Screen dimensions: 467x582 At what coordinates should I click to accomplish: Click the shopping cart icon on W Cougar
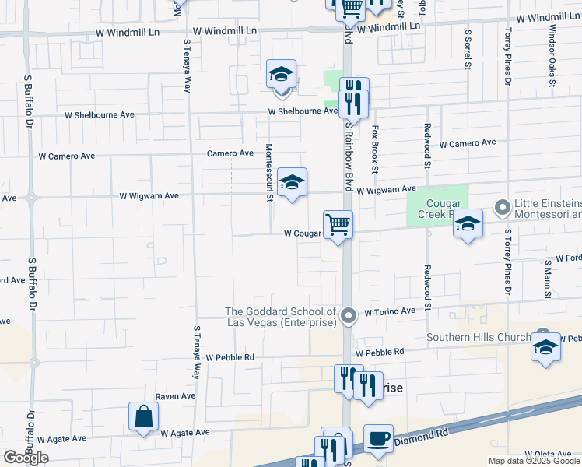click(338, 225)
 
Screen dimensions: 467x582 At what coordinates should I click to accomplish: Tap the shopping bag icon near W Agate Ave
click(144, 416)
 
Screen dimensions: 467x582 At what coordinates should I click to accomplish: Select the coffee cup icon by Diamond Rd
click(378, 438)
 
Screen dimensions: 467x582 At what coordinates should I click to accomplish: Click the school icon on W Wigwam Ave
click(292, 182)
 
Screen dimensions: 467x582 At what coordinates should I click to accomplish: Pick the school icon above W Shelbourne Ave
click(281, 74)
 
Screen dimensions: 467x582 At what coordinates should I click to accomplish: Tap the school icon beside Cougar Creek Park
click(468, 223)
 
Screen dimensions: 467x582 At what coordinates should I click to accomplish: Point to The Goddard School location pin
click(349, 315)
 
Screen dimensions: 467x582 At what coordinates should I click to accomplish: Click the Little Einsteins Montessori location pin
click(502, 208)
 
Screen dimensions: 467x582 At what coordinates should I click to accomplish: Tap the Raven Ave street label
click(175, 396)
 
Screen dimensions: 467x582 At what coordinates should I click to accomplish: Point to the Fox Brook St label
click(374, 149)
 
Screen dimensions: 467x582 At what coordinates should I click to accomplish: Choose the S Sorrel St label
click(468, 48)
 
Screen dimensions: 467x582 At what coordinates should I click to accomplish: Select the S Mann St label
click(548, 279)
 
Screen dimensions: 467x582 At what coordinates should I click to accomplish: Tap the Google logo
click(26, 457)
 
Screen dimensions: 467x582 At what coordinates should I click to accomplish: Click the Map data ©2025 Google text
click(532, 461)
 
